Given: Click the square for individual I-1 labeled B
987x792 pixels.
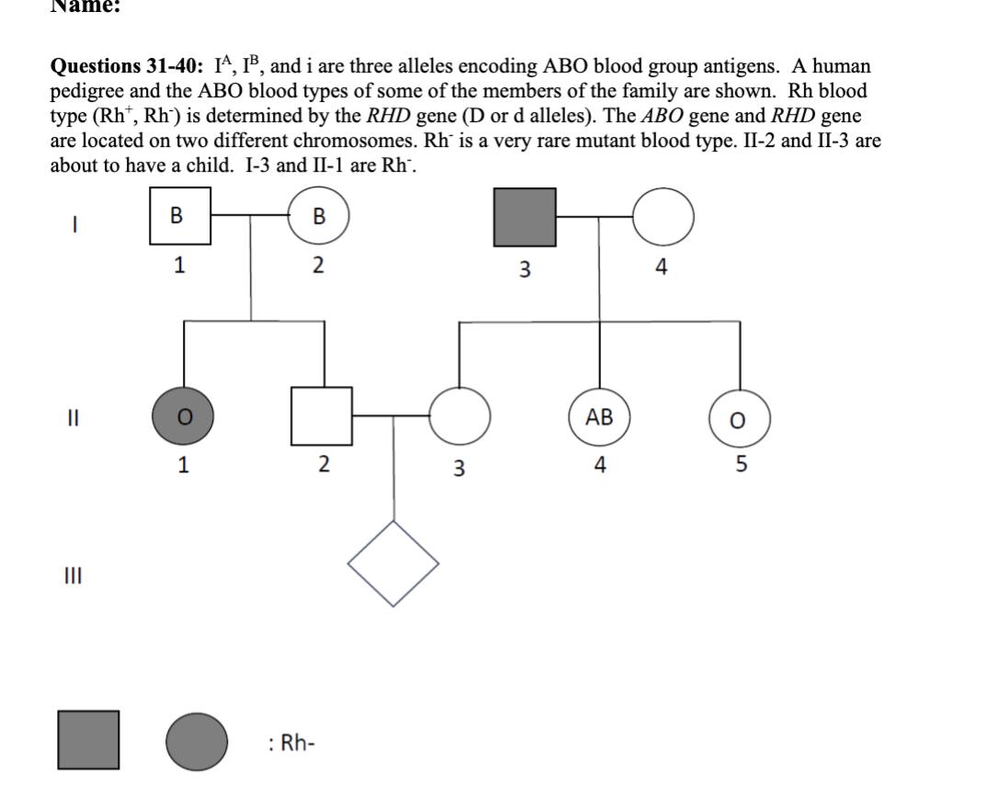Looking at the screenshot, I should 181,216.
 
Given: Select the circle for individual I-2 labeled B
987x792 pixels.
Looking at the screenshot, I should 319,217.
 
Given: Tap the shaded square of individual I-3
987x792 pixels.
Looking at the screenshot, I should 526,218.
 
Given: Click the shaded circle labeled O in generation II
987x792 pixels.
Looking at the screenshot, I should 184,416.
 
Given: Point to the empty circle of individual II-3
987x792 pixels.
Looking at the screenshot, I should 459,416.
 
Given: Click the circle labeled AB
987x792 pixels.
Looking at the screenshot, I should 599,416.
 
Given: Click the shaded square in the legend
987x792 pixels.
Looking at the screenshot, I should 89,740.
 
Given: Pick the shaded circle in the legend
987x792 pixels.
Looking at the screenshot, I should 198,740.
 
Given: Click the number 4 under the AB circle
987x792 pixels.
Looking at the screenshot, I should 599,465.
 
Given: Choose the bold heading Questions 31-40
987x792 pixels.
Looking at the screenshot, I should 127,67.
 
